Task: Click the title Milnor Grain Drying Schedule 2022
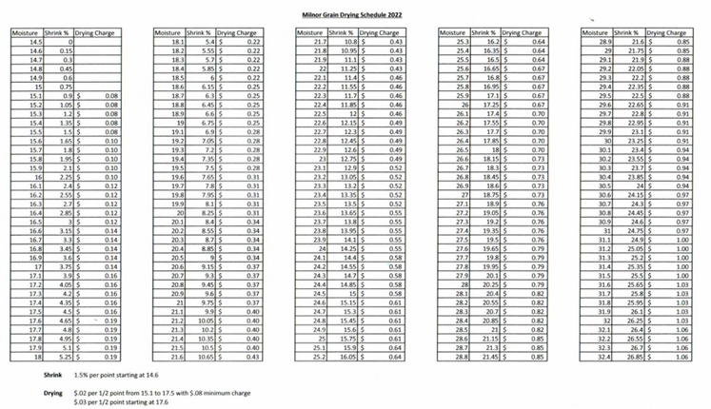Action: tap(353, 16)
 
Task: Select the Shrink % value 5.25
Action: tap(68, 357)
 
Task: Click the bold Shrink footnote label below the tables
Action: tap(26, 375)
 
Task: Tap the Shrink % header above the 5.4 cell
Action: tap(203, 33)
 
